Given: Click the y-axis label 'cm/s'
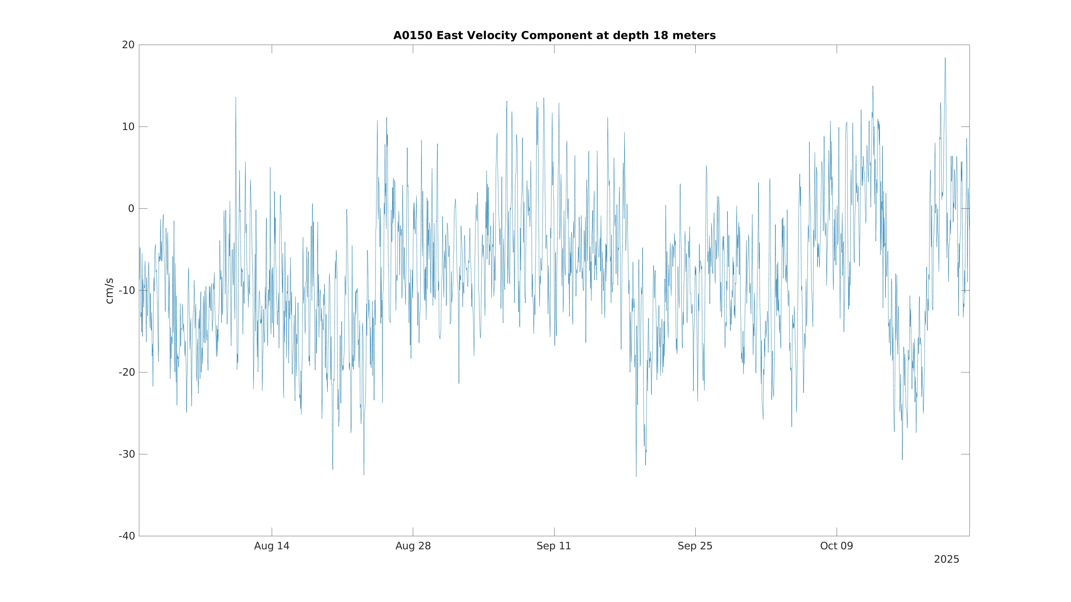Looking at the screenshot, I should click(x=109, y=291).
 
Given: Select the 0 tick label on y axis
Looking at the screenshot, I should click(x=131, y=209).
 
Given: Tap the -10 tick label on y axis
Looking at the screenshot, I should click(x=127, y=290).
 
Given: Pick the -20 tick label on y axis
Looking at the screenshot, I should click(x=127, y=372).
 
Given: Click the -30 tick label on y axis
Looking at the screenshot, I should click(x=127, y=454).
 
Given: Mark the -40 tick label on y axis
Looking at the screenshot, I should click(x=127, y=536).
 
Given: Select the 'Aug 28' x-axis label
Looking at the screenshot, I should click(x=413, y=546).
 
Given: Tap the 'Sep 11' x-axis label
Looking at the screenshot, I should click(x=554, y=546).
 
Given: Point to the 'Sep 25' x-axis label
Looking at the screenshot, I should click(x=695, y=546).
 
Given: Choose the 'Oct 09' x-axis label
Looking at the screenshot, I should click(x=836, y=546).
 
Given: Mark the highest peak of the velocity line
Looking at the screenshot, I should click(x=945, y=58).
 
